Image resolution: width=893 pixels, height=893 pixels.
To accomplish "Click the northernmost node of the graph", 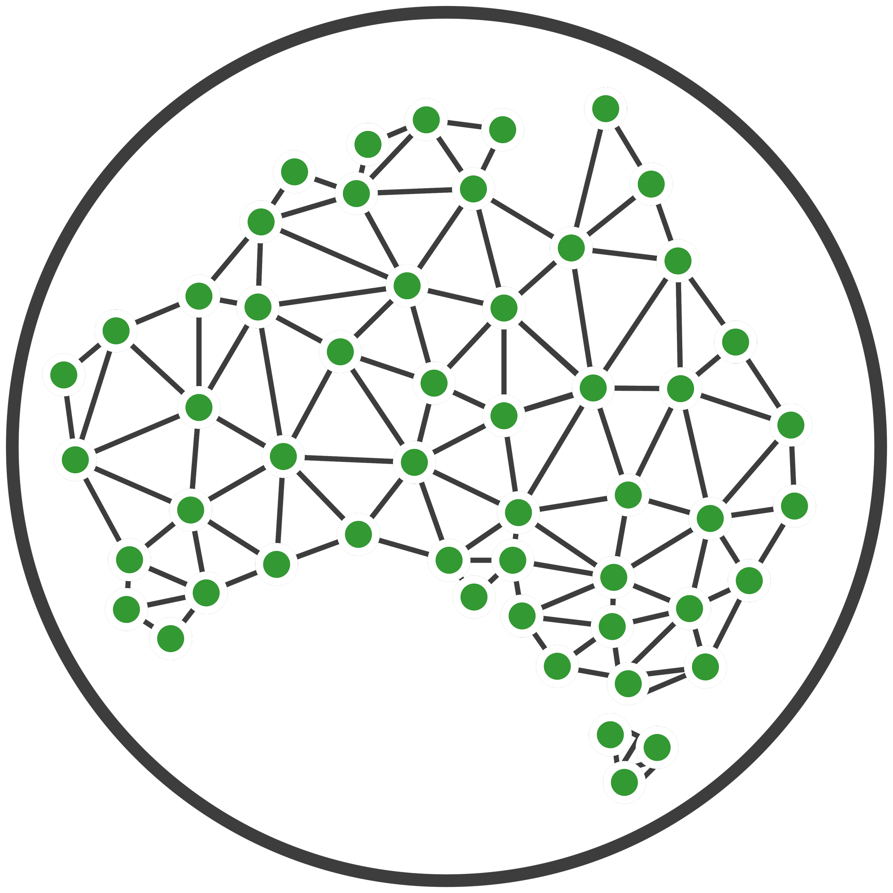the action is point(605,109).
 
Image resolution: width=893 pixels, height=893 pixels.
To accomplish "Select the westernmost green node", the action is point(64,375).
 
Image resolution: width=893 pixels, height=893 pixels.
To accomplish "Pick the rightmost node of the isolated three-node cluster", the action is point(657,747).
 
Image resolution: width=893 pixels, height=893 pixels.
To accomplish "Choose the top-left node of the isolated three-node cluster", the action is point(610,734).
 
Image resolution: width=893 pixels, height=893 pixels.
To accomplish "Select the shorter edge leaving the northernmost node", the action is point(628,146).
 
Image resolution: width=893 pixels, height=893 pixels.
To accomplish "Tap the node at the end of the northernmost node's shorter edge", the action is point(651,184).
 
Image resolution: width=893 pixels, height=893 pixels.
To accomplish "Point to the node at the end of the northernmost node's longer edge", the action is point(571,248).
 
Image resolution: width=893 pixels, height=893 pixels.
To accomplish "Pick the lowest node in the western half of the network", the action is point(170,638).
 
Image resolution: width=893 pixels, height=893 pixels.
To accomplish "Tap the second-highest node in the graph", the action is point(426,120).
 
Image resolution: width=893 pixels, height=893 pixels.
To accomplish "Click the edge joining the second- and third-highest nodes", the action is point(464,125).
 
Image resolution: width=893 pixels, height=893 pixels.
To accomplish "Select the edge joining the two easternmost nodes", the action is point(793,465).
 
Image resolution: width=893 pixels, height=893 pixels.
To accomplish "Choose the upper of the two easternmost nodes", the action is point(791,425).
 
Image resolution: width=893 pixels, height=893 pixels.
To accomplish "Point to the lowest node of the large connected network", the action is point(628,683).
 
